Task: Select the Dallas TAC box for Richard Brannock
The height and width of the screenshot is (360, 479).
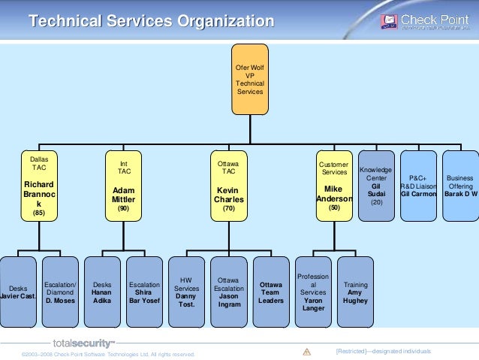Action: click(38, 186)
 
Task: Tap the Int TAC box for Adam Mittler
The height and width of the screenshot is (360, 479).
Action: click(124, 186)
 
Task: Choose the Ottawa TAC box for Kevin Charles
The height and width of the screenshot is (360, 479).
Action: click(228, 186)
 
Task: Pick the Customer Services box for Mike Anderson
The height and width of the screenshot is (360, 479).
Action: click(334, 186)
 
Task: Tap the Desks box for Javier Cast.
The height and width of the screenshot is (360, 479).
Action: click(18, 292)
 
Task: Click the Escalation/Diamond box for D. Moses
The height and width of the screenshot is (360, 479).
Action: click(60, 292)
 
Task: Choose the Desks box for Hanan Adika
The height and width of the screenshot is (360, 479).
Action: click(102, 292)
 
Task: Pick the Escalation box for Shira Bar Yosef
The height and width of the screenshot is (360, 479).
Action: click(144, 292)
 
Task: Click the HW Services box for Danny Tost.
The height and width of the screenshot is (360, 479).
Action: click(186, 292)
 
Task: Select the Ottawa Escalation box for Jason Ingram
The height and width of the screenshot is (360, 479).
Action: click(228, 292)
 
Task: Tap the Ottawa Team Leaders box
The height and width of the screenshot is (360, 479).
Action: click(271, 292)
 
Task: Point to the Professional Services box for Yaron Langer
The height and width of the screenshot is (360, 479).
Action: click(313, 292)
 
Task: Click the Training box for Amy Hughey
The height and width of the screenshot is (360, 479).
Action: click(355, 292)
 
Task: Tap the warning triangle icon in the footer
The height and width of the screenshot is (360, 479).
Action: click(306, 352)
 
